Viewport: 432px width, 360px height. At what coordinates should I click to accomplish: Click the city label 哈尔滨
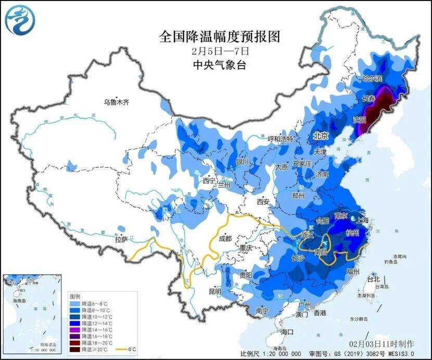[x=372, y=79]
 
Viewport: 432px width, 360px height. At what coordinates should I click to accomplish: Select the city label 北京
[x=321, y=136]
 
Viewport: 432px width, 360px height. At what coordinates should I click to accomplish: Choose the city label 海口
[x=287, y=332]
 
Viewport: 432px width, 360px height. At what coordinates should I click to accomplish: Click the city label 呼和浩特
[x=280, y=139]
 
